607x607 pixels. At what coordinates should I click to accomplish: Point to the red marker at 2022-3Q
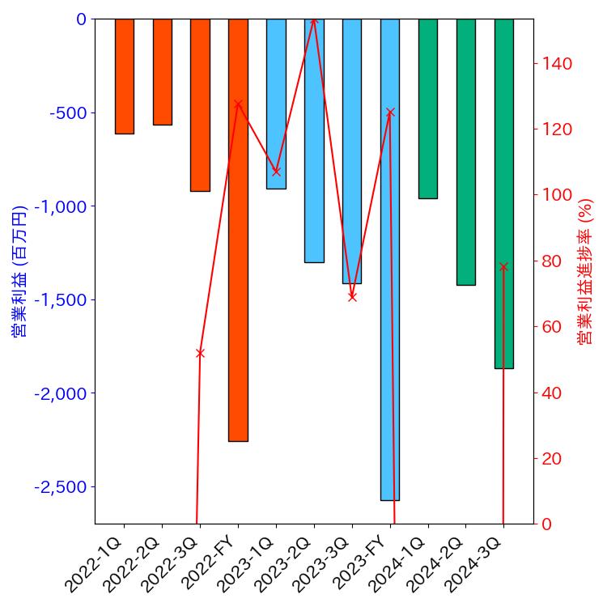200,353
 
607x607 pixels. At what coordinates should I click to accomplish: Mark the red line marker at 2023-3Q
352,297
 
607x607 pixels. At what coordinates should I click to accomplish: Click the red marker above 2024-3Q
503,266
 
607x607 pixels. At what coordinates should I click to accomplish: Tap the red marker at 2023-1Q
276,172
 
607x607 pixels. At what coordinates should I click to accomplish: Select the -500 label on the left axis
68,112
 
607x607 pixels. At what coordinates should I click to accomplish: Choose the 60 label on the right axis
555,327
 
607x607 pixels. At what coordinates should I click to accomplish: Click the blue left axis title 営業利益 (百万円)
18,271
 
